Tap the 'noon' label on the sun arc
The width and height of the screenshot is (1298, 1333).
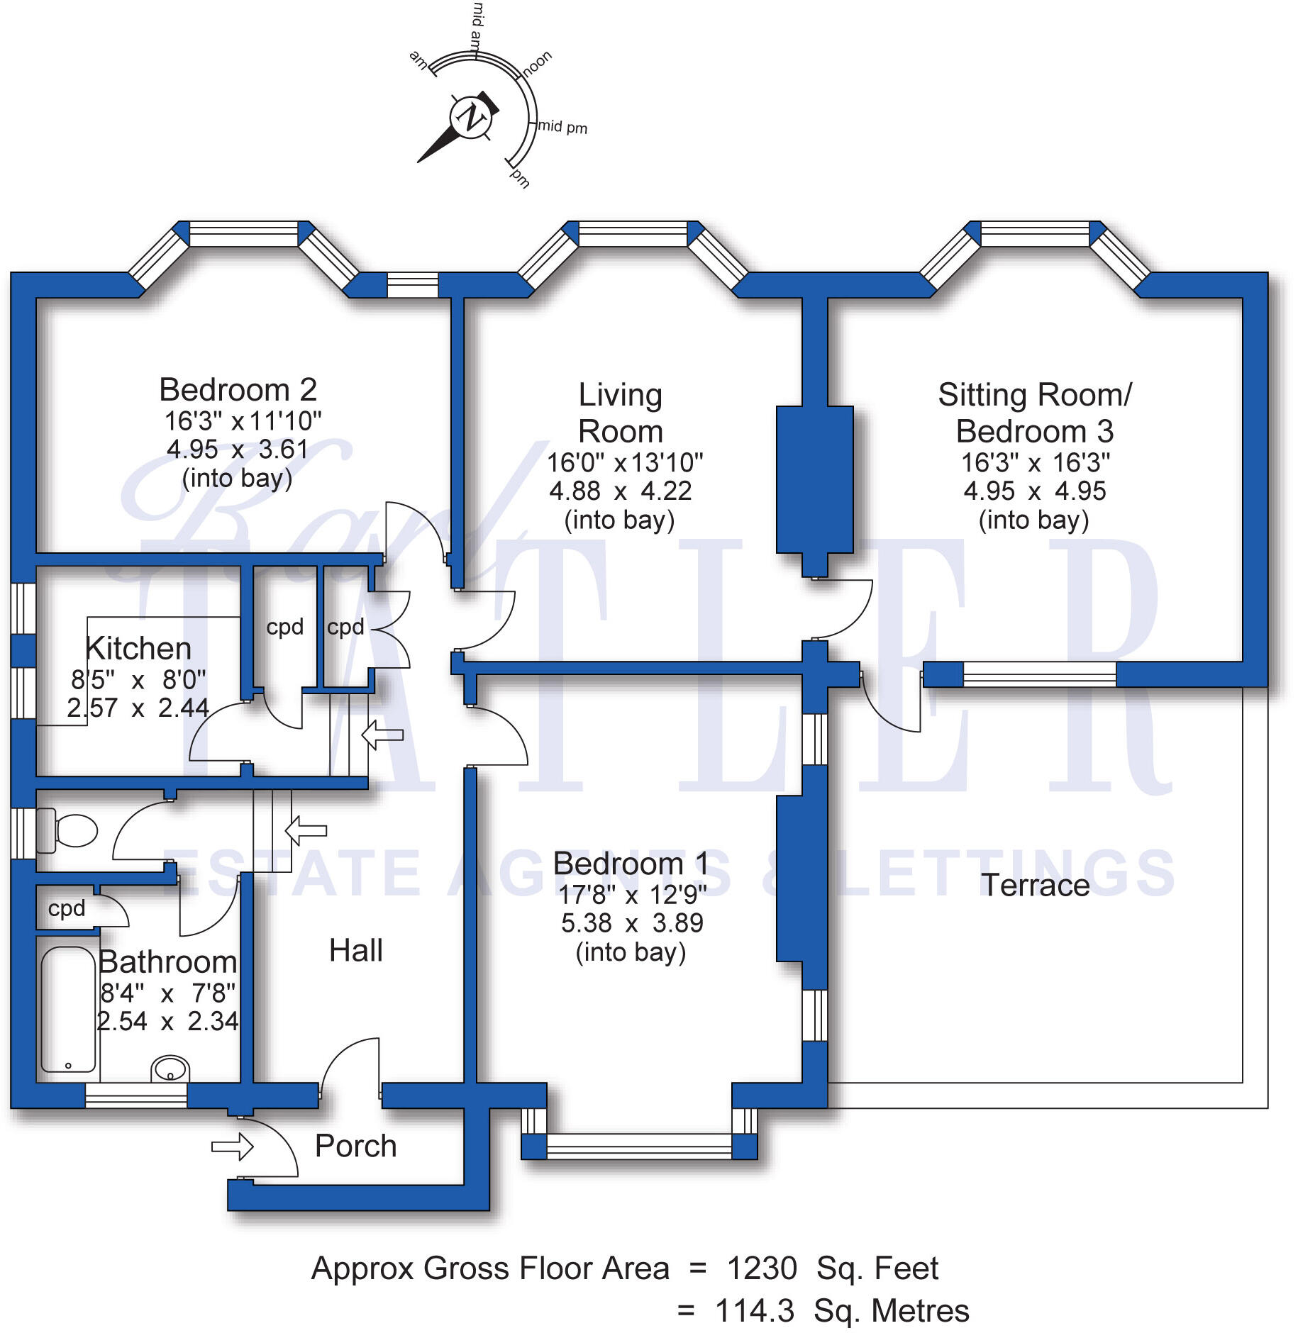pyautogui.click(x=537, y=64)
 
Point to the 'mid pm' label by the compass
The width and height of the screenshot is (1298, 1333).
pyautogui.click(x=562, y=127)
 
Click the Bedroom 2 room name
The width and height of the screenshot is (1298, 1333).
pyautogui.click(x=238, y=390)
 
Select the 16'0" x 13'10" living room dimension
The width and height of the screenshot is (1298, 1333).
pyautogui.click(x=624, y=462)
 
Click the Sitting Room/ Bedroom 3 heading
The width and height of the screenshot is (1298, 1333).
pyautogui.click(x=1035, y=413)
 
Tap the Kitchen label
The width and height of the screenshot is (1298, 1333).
pyautogui.click(x=138, y=648)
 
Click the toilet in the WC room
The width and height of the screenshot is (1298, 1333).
pyautogui.click(x=71, y=830)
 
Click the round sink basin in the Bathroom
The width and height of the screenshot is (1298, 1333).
pyautogui.click(x=171, y=1069)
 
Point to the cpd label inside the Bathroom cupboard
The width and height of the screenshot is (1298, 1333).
pyautogui.click(x=66, y=908)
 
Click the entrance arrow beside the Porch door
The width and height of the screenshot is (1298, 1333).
pyautogui.click(x=233, y=1147)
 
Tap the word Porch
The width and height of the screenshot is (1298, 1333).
pyautogui.click(x=355, y=1146)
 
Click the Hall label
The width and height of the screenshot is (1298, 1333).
pyautogui.click(x=355, y=950)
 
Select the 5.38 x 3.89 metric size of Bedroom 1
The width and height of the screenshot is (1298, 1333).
pyautogui.click(x=631, y=923)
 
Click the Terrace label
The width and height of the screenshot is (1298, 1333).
pyautogui.click(x=1035, y=885)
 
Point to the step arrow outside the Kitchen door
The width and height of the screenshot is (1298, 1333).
pyautogui.click(x=382, y=735)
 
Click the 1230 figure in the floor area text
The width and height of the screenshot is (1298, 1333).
pyautogui.click(x=762, y=1268)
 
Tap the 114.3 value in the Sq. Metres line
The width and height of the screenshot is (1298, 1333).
pyautogui.click(x=754, y=1311)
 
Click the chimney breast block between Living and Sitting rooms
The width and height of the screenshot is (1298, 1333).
pyautogui.click(x=814, y=480)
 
